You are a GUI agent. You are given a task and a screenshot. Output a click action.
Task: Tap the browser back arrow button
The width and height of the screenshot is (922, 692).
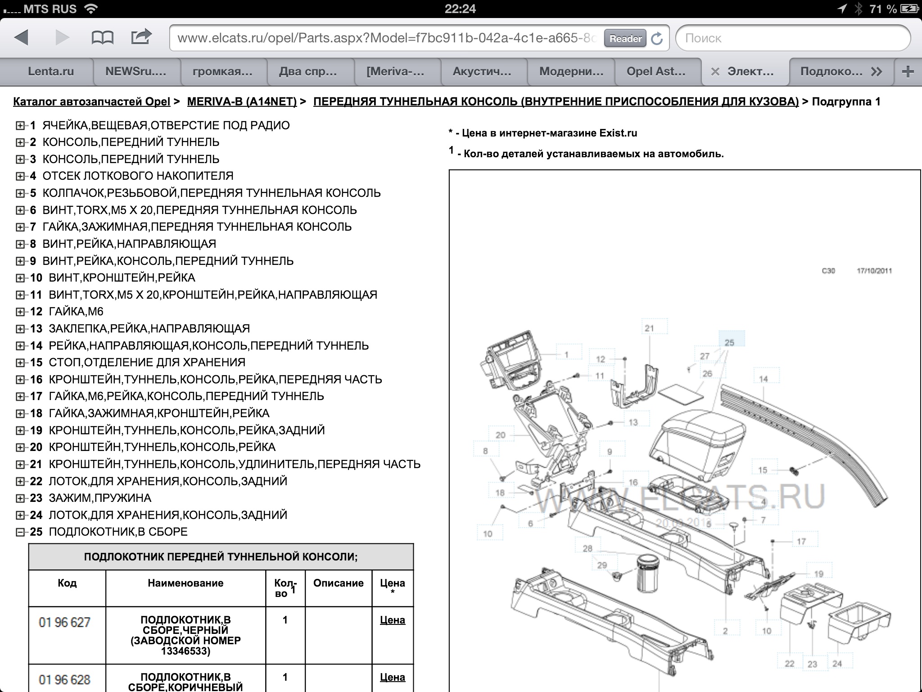pyautogui.click(x=22, y=37)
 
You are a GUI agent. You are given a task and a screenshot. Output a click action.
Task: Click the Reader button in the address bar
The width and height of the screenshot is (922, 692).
pyautogui.click(x=625, y=39)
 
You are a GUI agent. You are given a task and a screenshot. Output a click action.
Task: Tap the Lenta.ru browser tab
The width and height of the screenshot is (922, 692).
pyautogui.click(x=50, y=71)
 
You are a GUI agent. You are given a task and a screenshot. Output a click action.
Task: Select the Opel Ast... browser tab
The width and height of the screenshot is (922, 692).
pyautogui.click(x=655, y=71)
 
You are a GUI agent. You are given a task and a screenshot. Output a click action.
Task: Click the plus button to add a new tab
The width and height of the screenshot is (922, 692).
pyautogui.click(x=908, y=71)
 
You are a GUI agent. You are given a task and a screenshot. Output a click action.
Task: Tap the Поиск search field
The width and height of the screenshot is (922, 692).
pyautogui.click(x=792, y=38)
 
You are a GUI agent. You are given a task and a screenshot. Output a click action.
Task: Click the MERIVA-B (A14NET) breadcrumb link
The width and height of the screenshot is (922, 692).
pyautogui.click(x=242, y=101)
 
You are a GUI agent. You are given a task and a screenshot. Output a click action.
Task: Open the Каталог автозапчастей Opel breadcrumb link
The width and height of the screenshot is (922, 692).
pyautogui.click(x=91, y=101)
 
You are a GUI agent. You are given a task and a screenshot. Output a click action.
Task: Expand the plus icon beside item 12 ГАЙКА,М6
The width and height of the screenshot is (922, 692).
pyautogui.click(x=20, y=312)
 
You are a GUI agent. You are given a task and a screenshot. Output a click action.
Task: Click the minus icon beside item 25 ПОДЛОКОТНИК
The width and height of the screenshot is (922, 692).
pyautogui.click(x=20, y=532)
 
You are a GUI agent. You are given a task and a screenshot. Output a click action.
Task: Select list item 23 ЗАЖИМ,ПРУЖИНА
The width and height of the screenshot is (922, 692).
pyautogui.click(x=100, y=498)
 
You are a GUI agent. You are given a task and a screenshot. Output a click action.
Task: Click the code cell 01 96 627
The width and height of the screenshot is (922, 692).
pyautogui.click(x=65, y=622)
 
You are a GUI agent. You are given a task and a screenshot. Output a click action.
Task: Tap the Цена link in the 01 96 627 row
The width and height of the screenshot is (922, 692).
pyautogui.click(x=392, y=620)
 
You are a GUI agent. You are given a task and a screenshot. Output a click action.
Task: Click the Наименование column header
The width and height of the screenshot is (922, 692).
pyautogui.click(x=185, y=583)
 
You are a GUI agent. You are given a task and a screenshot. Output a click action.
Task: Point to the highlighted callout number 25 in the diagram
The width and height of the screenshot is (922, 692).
pyautogui.click(x=729, y=342)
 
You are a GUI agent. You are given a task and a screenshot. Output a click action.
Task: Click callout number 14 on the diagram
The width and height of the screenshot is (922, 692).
pyautogui.click(x=764, y=379)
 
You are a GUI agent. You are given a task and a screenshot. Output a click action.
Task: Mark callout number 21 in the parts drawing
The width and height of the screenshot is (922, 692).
pyautogui.click(x=649, y=328)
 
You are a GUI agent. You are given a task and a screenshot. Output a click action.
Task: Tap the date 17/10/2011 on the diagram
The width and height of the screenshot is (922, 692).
pyautogui.click(x=874, y=271)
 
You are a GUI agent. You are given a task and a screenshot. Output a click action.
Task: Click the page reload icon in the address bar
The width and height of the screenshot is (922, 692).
pyautogui.click(x=657, y=39)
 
